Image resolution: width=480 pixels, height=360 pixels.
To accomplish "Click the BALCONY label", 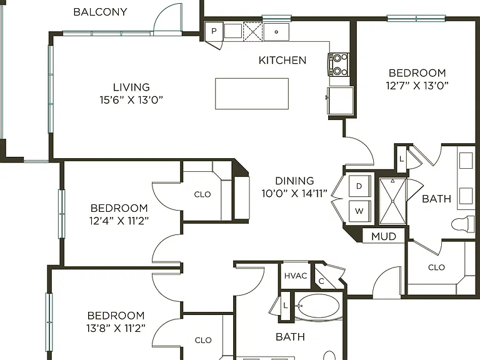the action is [x=100, y=12].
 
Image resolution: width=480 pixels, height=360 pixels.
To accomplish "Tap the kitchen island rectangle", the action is [x=252, y=94].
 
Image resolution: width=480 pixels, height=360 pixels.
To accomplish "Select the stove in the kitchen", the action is [x=339, y=64].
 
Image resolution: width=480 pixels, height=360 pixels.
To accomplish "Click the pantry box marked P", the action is [x=214, y=31].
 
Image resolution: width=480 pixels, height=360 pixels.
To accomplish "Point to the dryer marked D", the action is [x=360, y=186].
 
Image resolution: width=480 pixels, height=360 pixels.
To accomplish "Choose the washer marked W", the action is [x=360, y=211].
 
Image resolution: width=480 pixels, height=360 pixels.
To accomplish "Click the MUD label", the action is [x=384, y=236].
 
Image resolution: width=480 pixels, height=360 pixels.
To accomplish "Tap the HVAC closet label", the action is [x=296, y=276].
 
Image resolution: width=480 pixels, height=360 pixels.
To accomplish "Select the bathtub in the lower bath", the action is [x=318, y=306].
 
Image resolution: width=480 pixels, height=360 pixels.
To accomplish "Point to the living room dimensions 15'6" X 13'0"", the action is [x=131, y=100].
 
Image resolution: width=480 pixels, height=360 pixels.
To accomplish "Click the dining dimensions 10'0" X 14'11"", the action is [x=294, y=194].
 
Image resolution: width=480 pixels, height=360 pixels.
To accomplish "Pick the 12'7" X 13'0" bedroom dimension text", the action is [x=417, y=86].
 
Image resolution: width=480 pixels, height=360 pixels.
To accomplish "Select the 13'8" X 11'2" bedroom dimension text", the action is [x=116, y=328].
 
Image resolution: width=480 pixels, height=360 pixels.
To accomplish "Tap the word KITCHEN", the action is [x=282, y=60].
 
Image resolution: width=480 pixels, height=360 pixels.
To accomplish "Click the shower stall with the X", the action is [x=392, y=202].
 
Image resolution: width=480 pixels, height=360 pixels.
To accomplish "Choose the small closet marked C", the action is [x=325, y=279].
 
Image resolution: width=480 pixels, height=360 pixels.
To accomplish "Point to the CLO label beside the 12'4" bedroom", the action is [x=202, y=194].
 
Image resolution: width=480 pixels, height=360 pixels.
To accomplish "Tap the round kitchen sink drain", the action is [x=276, y=32].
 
